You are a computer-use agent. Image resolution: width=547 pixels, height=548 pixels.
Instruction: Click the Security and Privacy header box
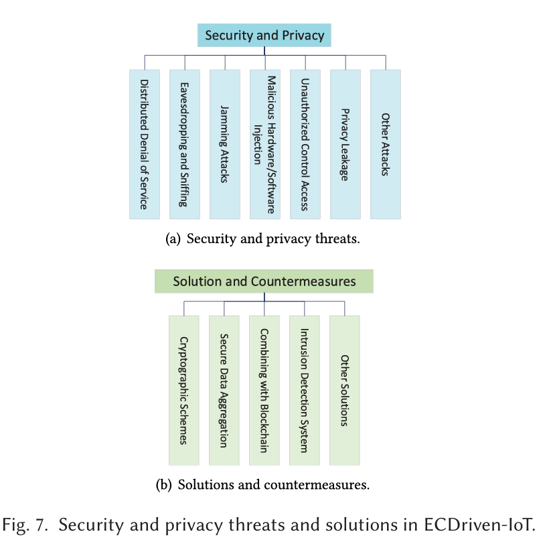264,36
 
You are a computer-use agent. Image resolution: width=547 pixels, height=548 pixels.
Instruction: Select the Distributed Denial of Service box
145,144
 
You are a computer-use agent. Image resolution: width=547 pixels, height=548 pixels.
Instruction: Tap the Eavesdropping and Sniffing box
185,144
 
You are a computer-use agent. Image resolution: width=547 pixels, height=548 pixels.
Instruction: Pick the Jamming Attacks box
225,144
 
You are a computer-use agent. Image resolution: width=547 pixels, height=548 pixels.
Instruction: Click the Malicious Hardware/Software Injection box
265,144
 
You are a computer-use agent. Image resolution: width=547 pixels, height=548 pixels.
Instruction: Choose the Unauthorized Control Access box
305,144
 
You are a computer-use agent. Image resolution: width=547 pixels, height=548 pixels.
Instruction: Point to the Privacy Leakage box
345,144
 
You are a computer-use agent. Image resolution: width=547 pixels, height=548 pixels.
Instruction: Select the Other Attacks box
386,144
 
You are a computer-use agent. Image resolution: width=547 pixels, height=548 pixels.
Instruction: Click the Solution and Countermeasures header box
264,281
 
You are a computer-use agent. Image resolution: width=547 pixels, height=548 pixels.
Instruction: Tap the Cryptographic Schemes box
184,391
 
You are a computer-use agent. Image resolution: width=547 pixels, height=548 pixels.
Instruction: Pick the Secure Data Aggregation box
224,391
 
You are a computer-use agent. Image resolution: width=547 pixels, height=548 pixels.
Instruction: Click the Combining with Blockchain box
264,391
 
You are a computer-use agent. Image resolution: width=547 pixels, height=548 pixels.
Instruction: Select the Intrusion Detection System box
305,391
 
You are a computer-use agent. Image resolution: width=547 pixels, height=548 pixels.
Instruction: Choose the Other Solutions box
345,391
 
